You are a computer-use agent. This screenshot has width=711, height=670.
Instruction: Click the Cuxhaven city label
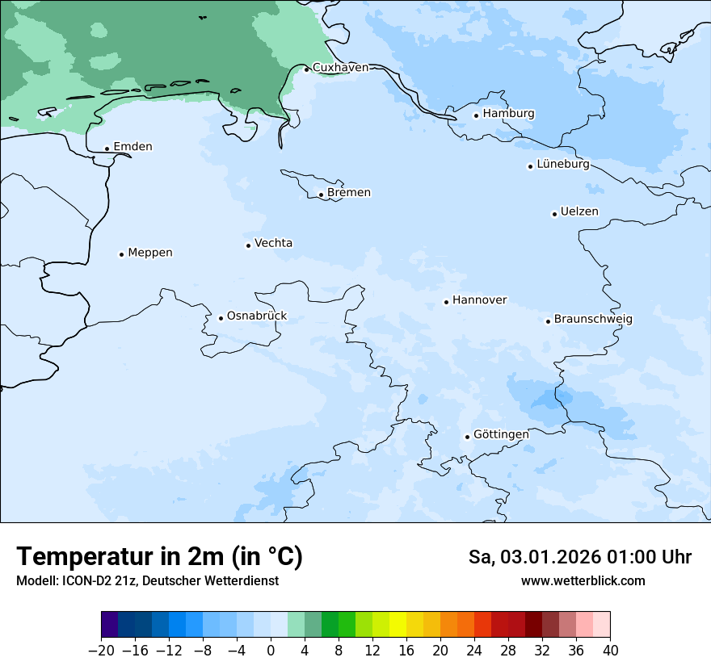click(x=340, y=68)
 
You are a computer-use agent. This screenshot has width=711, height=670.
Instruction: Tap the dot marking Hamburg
click(x=477, y=115)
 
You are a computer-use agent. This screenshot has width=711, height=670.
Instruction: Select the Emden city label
click(x=133, y=147)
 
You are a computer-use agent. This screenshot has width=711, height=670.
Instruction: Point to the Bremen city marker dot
click(x=321, y=195)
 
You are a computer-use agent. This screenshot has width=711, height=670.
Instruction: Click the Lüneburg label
click(x=563, y=165)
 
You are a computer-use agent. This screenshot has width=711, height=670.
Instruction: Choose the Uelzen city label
click(x=579, y=212)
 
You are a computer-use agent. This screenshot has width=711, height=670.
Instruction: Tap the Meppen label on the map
click(x=150, y=253)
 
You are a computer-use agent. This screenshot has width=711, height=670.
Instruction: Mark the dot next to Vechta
click(x=248, y=245)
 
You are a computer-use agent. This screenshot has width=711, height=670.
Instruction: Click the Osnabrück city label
click(x=257, y=316)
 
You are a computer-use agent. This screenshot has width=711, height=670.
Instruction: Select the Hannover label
click(x=479, y=300)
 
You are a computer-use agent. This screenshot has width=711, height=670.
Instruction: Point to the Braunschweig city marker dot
click(x=548, y=321)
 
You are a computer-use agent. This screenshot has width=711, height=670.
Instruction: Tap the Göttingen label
click(x=501, y=435)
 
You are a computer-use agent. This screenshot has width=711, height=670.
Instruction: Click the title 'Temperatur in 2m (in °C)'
click(x=159, y=557)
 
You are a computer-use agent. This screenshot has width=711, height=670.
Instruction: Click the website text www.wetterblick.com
click(x=583, y=581)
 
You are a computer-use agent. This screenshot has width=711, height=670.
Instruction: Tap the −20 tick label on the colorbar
click(x=101, y=651)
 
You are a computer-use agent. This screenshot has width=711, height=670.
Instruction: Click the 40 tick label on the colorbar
click(x=610, y=651)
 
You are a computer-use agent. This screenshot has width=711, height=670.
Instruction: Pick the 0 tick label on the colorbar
click(x=271, y=651)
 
